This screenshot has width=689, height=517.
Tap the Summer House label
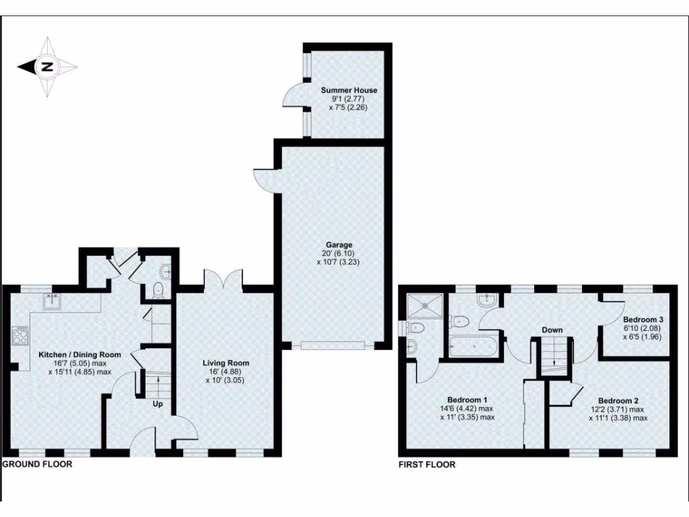pyautogui.click(x=349, y=90)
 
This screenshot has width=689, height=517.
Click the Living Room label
pyautogui.click(x=225, y=364)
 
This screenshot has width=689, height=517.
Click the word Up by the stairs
pyautogui.click(x=159, y=405)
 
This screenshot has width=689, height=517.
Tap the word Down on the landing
pyautogui.click(x=552, y=330)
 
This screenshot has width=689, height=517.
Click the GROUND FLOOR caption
pyautogui.click(x=38, y=464)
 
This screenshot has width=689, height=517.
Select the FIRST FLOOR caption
pyautogui.click(x=427, y=464)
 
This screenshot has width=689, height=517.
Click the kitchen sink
pyautogui.click(x=51, y=302)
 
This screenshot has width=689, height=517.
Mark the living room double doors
pyautogui.click(x=223, y=278)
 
